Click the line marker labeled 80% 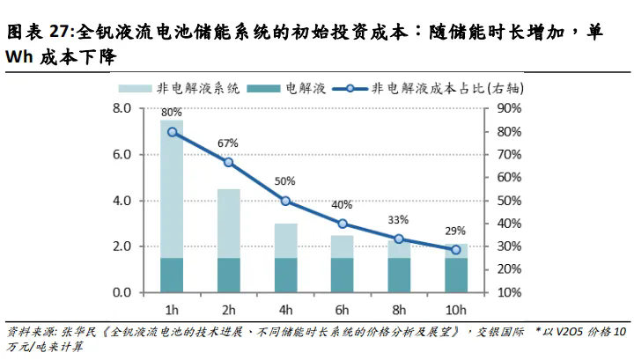click(x=172, y=132)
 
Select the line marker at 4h click(x=285, y=201)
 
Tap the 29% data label click(x=455, y=231)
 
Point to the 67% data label click(x=228, y=143)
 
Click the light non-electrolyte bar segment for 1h click(x=172, y=189)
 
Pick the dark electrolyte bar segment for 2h click(x=228, y=275)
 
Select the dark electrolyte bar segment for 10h click(x=455, y=275)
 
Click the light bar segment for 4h click(x=285, y=240)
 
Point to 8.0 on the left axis click(x=122, y=109)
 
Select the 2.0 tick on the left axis click(x=122, y=246)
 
